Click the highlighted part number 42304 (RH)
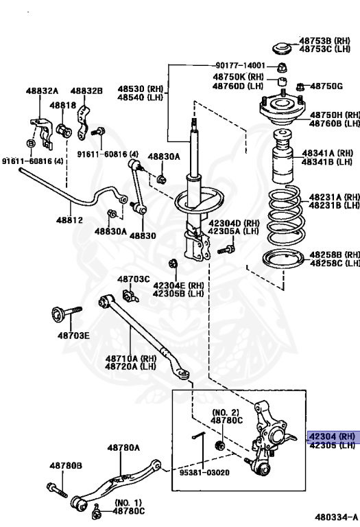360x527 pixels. (x=332, y=436)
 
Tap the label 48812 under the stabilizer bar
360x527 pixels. (x=69, y=220)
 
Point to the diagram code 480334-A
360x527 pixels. (x=337, y=517)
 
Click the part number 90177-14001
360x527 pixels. (x=240, y=66)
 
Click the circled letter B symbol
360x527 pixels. (x=31, y=143)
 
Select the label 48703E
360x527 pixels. (x=73, y=336)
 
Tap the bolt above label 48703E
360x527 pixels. (x=66, y=313)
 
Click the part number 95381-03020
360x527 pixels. (x=204, y=473)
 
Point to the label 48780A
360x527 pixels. (x=123, y=447)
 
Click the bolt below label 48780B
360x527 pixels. (x=57, y=490)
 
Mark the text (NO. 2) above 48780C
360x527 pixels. (x=226, y=412)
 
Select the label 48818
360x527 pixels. (x=63, y=105)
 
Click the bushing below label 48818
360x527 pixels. (x=64, y=131)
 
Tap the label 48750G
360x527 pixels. (x=326, y=86)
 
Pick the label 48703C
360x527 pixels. (x=133, y=279)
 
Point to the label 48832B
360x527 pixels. (x=86, y=91)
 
